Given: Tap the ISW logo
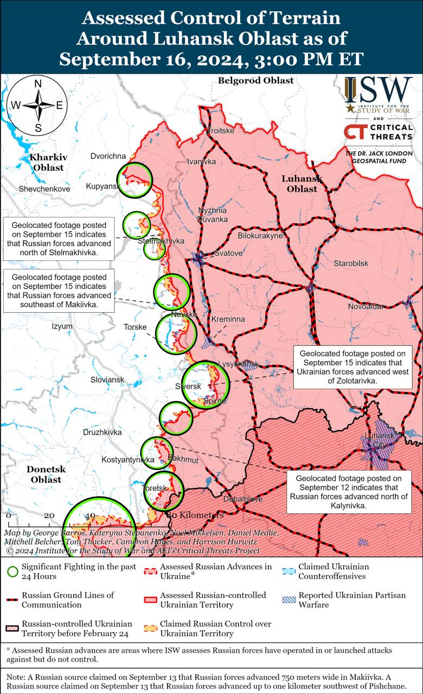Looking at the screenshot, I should point(378,95).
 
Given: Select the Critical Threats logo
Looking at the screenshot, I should point(378,132).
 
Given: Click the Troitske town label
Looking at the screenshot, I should point(220,131).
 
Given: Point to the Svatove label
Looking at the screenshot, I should point(228,253).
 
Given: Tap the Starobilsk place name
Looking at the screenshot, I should point(351,263).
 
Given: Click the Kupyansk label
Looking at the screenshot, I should point(102,187).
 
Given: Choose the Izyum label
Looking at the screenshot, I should point(62,326).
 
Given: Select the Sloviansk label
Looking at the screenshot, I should point(107,380).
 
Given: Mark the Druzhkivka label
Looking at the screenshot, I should point(102,432).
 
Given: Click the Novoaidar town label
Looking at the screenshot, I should point(366,306).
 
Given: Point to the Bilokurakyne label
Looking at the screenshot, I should point(260,236).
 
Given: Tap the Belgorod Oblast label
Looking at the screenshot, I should point(255,80).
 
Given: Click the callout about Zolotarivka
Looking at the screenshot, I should point(352,367).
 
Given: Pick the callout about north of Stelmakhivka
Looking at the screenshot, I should point(59,238).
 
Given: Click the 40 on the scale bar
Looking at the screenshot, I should point(89,515).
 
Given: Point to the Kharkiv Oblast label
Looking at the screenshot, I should point(48,162).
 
